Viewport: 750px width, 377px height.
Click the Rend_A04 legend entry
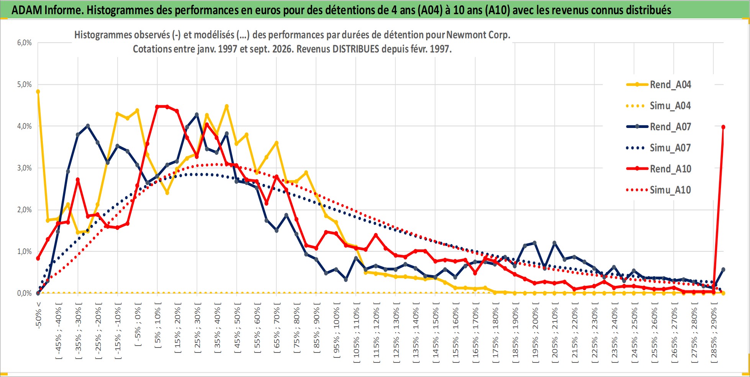click(659, 85)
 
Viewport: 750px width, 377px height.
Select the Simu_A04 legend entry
click(659, 106)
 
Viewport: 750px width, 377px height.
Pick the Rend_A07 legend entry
click(659, 127)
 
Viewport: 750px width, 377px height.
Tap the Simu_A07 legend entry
click(659, 148)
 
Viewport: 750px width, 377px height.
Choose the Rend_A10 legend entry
click(659, 169)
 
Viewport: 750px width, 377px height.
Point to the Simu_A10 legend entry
click(659, 190)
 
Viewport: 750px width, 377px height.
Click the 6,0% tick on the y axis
click(24, 43)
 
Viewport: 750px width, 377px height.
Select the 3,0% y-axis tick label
click(24, 168)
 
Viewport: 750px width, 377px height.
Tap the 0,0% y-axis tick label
click(24, 293)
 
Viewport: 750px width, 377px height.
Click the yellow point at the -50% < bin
click(38, 92)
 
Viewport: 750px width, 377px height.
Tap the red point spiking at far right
click(723, 127)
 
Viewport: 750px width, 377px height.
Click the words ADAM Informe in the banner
click(47, 10)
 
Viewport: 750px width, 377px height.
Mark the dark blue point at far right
click(723, 270)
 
